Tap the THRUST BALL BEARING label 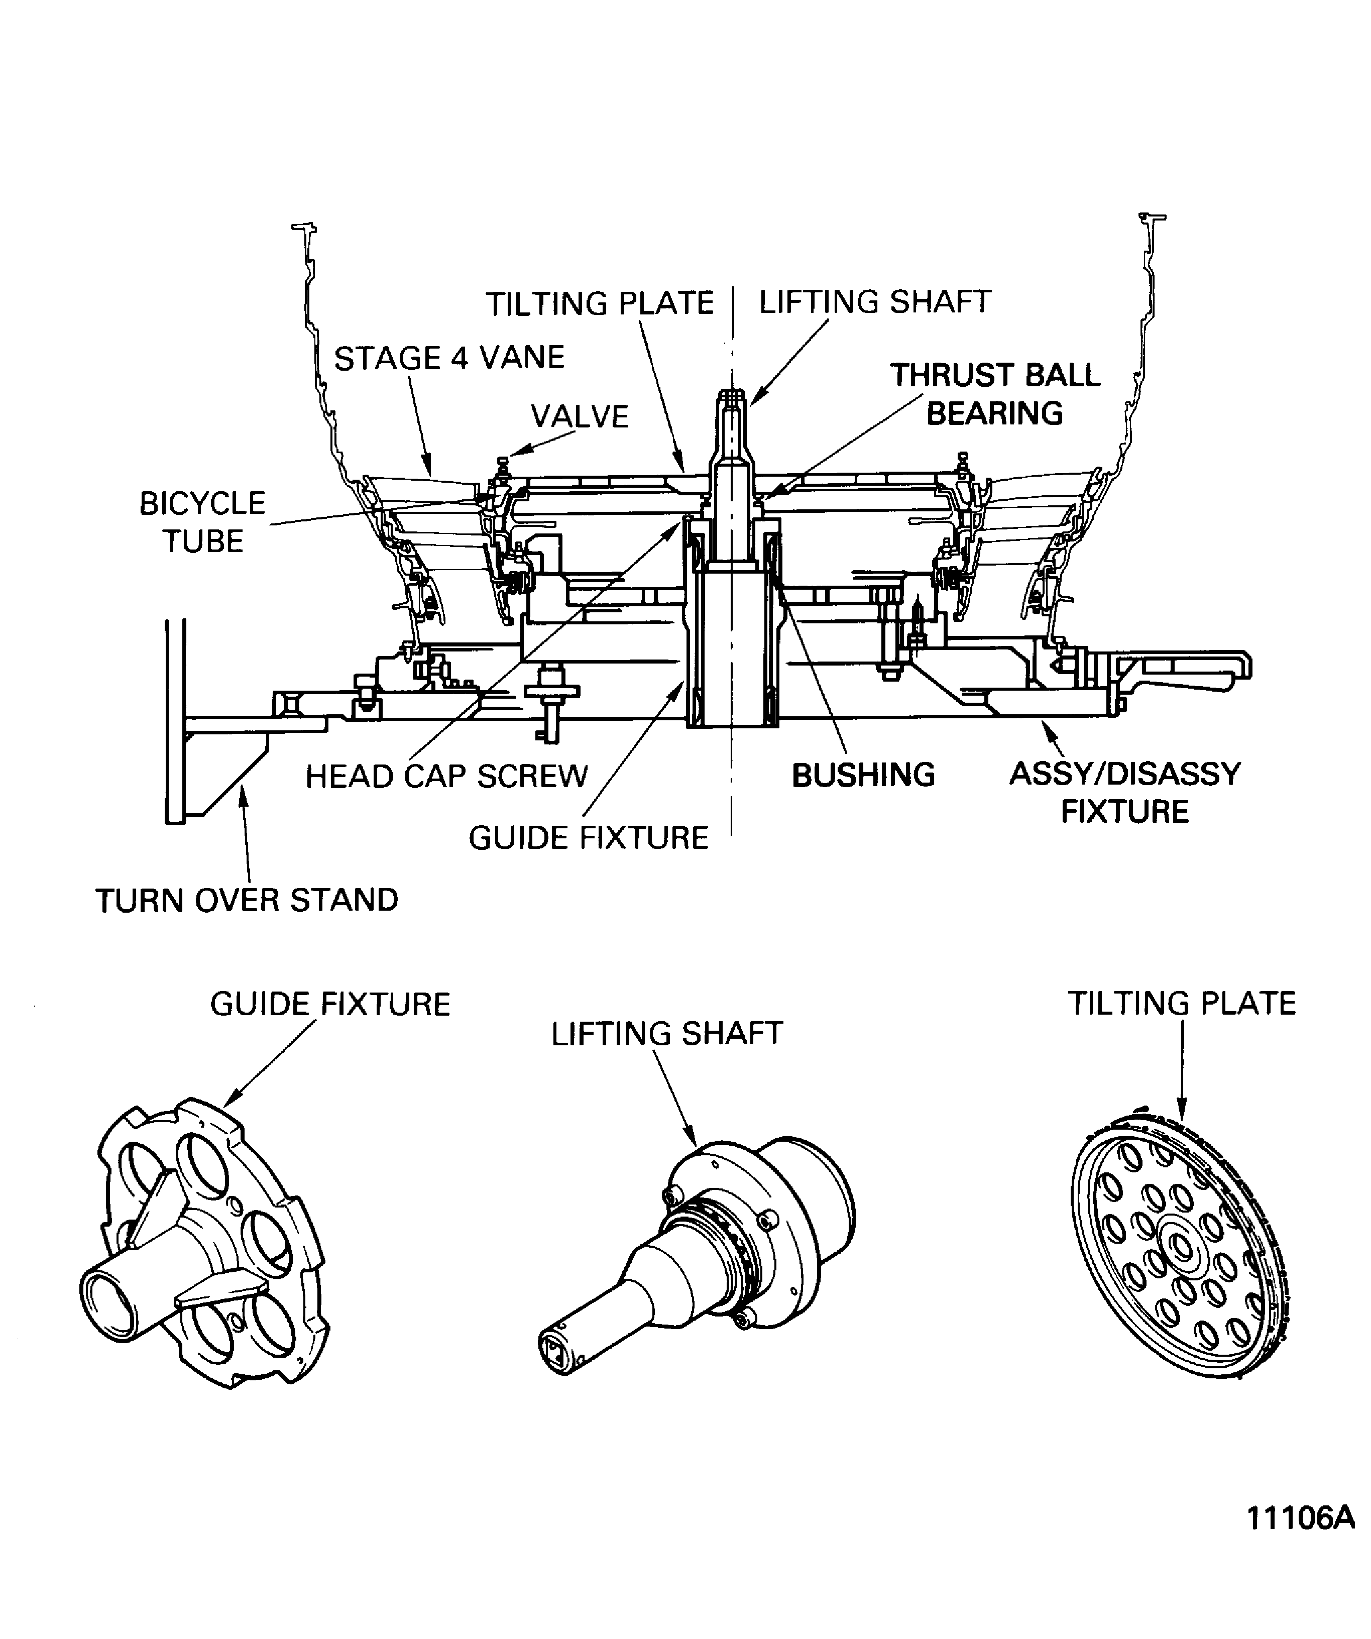click(994, 394)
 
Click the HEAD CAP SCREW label click(446, 777)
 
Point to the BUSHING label click(863, 775)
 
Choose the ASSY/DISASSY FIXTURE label click(1124, 792)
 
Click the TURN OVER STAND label click(247, 900)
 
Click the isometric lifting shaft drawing click(702, 1249)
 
